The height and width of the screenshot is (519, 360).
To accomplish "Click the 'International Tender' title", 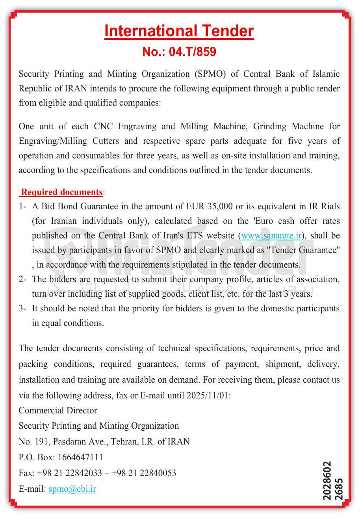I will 179,31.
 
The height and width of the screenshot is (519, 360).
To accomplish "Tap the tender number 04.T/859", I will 192,52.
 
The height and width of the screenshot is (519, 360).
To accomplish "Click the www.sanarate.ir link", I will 271,236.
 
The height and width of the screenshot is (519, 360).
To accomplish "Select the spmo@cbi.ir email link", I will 72,489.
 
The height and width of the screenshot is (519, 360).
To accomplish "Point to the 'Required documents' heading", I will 62,192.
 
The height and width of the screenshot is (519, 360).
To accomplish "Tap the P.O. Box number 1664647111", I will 80,458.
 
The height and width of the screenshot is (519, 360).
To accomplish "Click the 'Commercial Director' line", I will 58,411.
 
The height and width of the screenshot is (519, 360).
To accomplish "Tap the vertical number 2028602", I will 327,481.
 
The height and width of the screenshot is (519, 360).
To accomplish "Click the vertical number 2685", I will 339,489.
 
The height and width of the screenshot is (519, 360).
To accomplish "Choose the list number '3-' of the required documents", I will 23,309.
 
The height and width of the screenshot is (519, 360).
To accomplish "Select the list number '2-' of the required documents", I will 23,279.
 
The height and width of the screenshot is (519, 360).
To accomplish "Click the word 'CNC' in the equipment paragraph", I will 103,126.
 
